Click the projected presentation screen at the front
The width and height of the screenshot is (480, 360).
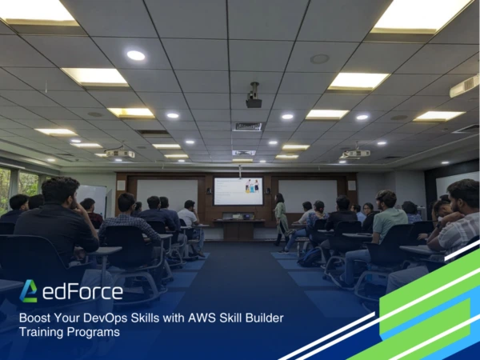pyautogui.click(x=238, y=191)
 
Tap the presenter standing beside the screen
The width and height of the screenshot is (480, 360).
pyautogui.click(x=281, y=217)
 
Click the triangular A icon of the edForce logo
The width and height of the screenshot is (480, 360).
pyautogui.click(x=29, y=291)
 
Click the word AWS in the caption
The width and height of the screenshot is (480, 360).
pyautogui.click(x=188, y=318)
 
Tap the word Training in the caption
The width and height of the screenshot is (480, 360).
pyautogui.click(x=42, y=332)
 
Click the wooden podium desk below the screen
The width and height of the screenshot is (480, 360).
pyautogui.click(x=238, y=229)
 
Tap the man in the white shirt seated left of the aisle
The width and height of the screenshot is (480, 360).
pyautogui.click(x=190, y=216)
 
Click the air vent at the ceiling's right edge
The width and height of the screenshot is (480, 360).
pyautogui.click(x=464, y=86)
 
